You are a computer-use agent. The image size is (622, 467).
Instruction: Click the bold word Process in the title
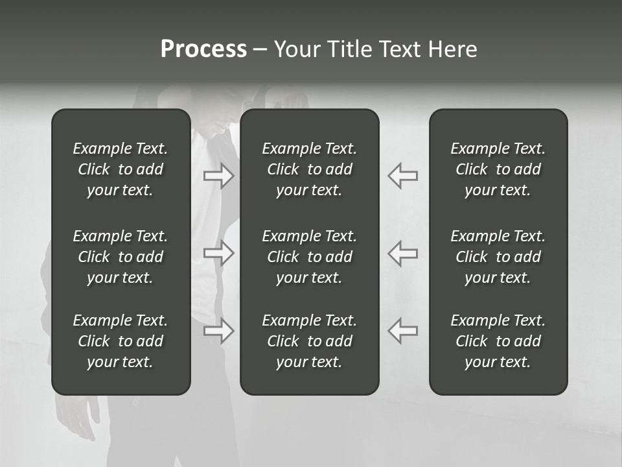coord(203,49)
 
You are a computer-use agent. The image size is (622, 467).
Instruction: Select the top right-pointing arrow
coord(219,176)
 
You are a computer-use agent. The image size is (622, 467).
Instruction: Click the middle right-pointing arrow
coord(219,253)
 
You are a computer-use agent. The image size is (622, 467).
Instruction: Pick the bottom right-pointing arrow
coord(219,331)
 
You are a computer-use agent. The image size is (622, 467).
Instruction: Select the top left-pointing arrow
coord(402,176)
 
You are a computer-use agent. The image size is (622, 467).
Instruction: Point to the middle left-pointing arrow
coord(402,253)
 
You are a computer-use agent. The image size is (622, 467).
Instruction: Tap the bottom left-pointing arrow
coord(402,331)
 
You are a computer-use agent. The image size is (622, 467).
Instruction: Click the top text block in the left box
coord(121,169)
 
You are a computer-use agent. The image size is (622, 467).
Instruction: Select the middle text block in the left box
coord(121,257)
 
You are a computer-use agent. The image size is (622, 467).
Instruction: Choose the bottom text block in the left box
coord(121,341)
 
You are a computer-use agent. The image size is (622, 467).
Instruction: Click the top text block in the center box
coord(309,169)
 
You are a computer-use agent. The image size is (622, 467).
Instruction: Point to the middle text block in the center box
coord(309,257)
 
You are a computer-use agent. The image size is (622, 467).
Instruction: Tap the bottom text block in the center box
coord(309,341)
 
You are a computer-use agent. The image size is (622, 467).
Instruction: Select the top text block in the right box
coord(498,169)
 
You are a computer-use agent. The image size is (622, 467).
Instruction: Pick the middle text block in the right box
coord(498,257)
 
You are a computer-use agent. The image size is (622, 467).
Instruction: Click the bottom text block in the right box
coord(498,341)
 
